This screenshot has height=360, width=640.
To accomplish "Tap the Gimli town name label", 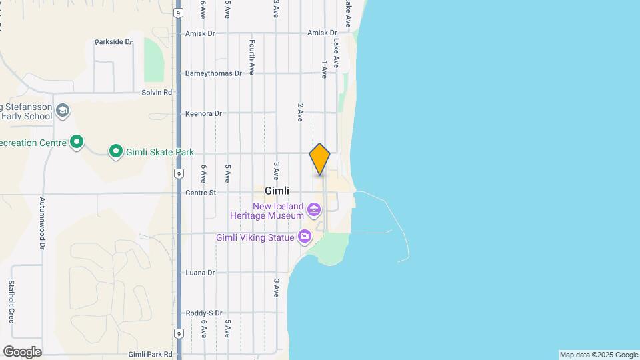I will tap(277, 191).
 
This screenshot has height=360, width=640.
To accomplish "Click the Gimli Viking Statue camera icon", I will tap(305, 236).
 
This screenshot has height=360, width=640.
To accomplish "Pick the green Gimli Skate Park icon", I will tap(116, 152).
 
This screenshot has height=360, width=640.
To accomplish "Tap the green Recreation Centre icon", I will tap(77, 142).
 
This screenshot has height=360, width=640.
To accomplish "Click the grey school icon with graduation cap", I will tap(63, 110).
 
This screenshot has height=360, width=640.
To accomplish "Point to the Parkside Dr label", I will tap(113, 41).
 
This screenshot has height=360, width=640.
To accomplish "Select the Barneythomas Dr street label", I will tap(213, 73).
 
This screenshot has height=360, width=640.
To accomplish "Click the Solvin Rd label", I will tap(157, 93).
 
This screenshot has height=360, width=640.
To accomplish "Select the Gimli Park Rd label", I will tap(150, 355).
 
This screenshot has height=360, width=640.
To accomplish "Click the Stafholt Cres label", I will tap(11, 301).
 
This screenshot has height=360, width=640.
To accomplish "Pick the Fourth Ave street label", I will tap(252, 57).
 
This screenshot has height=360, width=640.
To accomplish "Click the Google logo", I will tap(22, 352).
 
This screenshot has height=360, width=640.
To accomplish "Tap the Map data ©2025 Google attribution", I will tap(599, 355).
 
